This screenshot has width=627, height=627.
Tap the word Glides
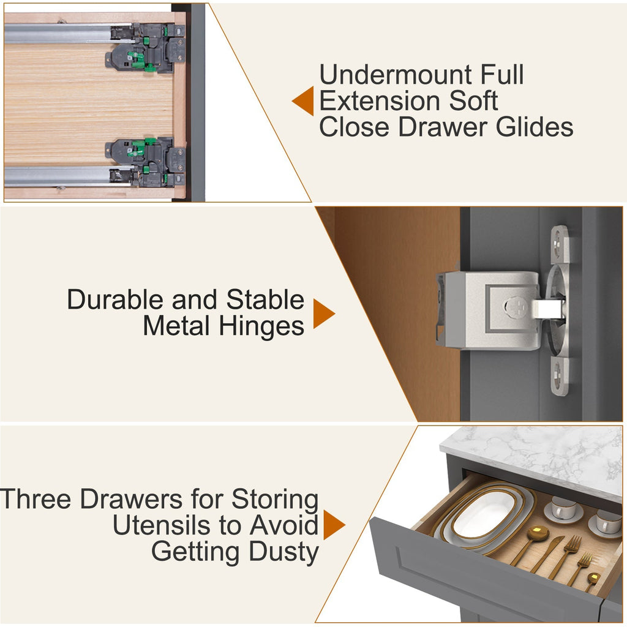pos(534,127)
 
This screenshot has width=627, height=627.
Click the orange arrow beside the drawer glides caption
pos(303,101)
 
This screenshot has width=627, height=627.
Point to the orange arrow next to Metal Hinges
pos(324,313)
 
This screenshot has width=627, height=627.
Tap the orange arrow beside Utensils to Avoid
pos(334,525)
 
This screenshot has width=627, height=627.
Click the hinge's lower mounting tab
pos(560,377)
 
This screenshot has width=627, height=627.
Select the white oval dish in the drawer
pos(484,517)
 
